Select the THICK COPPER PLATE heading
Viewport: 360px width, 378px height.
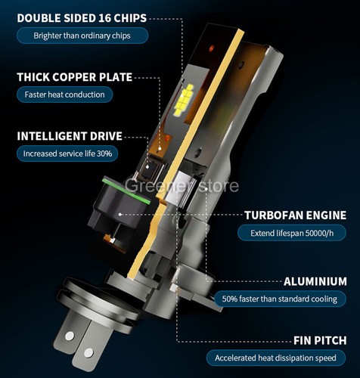pyautogui.click(x=74, y=76)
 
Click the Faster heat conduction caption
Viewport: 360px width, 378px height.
pyautogui.click(x=65, y=94)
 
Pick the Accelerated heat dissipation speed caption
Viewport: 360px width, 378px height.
pyautogui.click(x=275, y=358)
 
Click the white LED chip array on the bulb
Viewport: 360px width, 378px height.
pyautogui.click(x=183, y=103)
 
